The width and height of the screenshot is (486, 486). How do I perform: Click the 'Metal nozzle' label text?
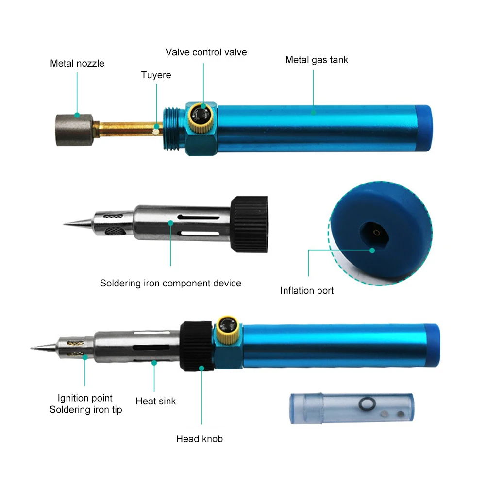pyautogui.click(x=77, y=63)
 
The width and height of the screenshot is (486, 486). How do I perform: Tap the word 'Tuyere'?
pyautogui.click(x=156, y=75)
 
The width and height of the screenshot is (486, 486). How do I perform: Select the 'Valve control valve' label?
pyautogui.click(x=206, y=52)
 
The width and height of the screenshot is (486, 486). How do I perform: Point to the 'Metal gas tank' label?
pyautogui.click(x=317, y=60)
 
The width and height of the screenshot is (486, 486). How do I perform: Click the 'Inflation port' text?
pyautogui.click(x=307, y=291)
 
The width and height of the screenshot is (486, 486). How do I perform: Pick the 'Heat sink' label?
pyautogui.click(x=155, y=401)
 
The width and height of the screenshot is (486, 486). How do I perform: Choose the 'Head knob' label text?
pyautogui.click(x=199, y=439)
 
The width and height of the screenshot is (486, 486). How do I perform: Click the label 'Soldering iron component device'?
pyautogui.click(x=170, y=283)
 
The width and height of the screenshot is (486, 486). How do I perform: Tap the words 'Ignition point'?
pyautogui.click(x=85, y=398)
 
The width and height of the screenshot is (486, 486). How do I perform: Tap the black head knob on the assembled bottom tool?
pyautogui.click(x=197, y=345)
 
